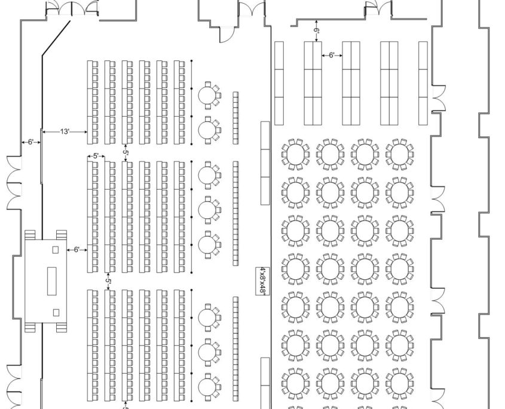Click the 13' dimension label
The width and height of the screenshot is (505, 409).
point(65,132)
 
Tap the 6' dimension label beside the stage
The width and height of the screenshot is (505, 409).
point(76,249)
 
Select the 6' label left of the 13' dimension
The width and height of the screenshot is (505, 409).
point(30,142)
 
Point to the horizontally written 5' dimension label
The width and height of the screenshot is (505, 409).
point(96,156)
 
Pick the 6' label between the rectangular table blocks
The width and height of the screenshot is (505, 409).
point(332,56)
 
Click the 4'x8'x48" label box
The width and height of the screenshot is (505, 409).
point(261,280)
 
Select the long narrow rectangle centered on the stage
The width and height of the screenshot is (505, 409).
point(52,280)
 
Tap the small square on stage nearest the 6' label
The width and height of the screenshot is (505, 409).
point(56,249)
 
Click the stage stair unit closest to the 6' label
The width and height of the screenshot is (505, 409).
point(61,234)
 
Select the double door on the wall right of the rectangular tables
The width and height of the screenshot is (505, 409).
point(439,99)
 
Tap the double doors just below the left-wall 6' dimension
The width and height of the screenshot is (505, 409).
point(14,182)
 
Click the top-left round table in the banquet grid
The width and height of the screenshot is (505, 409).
point(295,154)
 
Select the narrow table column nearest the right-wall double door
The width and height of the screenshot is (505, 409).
point(423,83)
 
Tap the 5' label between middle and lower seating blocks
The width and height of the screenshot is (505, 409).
point(108,280)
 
